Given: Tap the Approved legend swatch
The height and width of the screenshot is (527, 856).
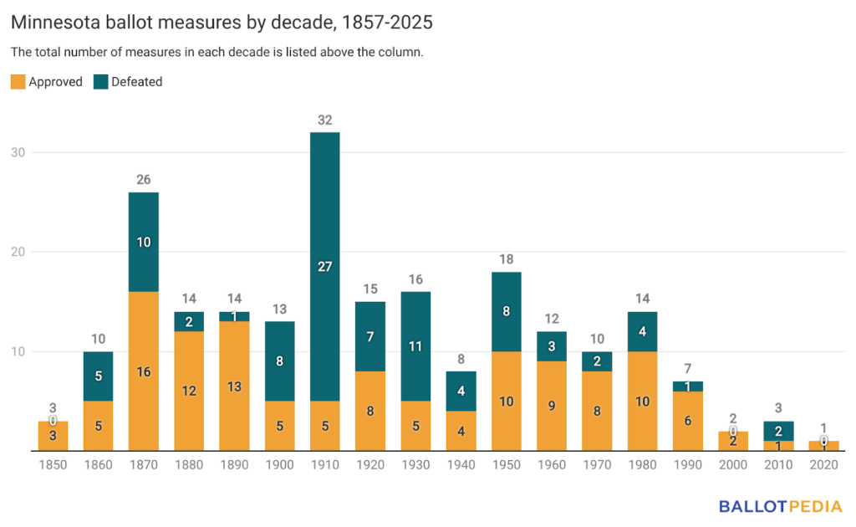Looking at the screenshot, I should pyautogui.click(x=18, y=82).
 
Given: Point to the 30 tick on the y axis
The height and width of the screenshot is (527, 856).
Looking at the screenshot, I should pyautogui.click(x=18, y=152).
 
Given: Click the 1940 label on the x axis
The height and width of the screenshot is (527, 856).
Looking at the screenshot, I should pyautogui.click(x=461, y=464).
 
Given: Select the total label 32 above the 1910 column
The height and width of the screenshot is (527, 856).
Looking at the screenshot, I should pyautogui.click(x=325, y=120).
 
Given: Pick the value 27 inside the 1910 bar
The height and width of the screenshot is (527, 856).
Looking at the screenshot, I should pyautogui.click(x=325, y=267).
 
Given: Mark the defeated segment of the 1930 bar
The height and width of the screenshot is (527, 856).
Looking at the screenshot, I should pyautogui.click(x=416, y=346).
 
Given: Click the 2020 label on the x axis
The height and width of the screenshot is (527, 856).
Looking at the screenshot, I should pyautogui.click(x=824, y=464).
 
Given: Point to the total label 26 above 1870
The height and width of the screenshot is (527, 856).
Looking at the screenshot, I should pyautogui.click(x=144, y=180).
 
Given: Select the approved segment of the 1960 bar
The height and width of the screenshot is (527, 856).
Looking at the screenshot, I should pyautogui.click(x=552, y=406).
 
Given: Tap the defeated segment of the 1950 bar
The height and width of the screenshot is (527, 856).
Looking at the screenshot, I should pyautogui.click(x=507, y=311).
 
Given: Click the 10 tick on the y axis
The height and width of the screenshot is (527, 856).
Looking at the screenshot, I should pyautogui.click(x=18, y=351).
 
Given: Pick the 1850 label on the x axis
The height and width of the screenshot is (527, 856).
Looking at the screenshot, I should pyautogui.click(x=53, y=464).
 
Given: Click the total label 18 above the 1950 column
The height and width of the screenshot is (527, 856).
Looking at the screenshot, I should pyautogui.click(x=507, y=259).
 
